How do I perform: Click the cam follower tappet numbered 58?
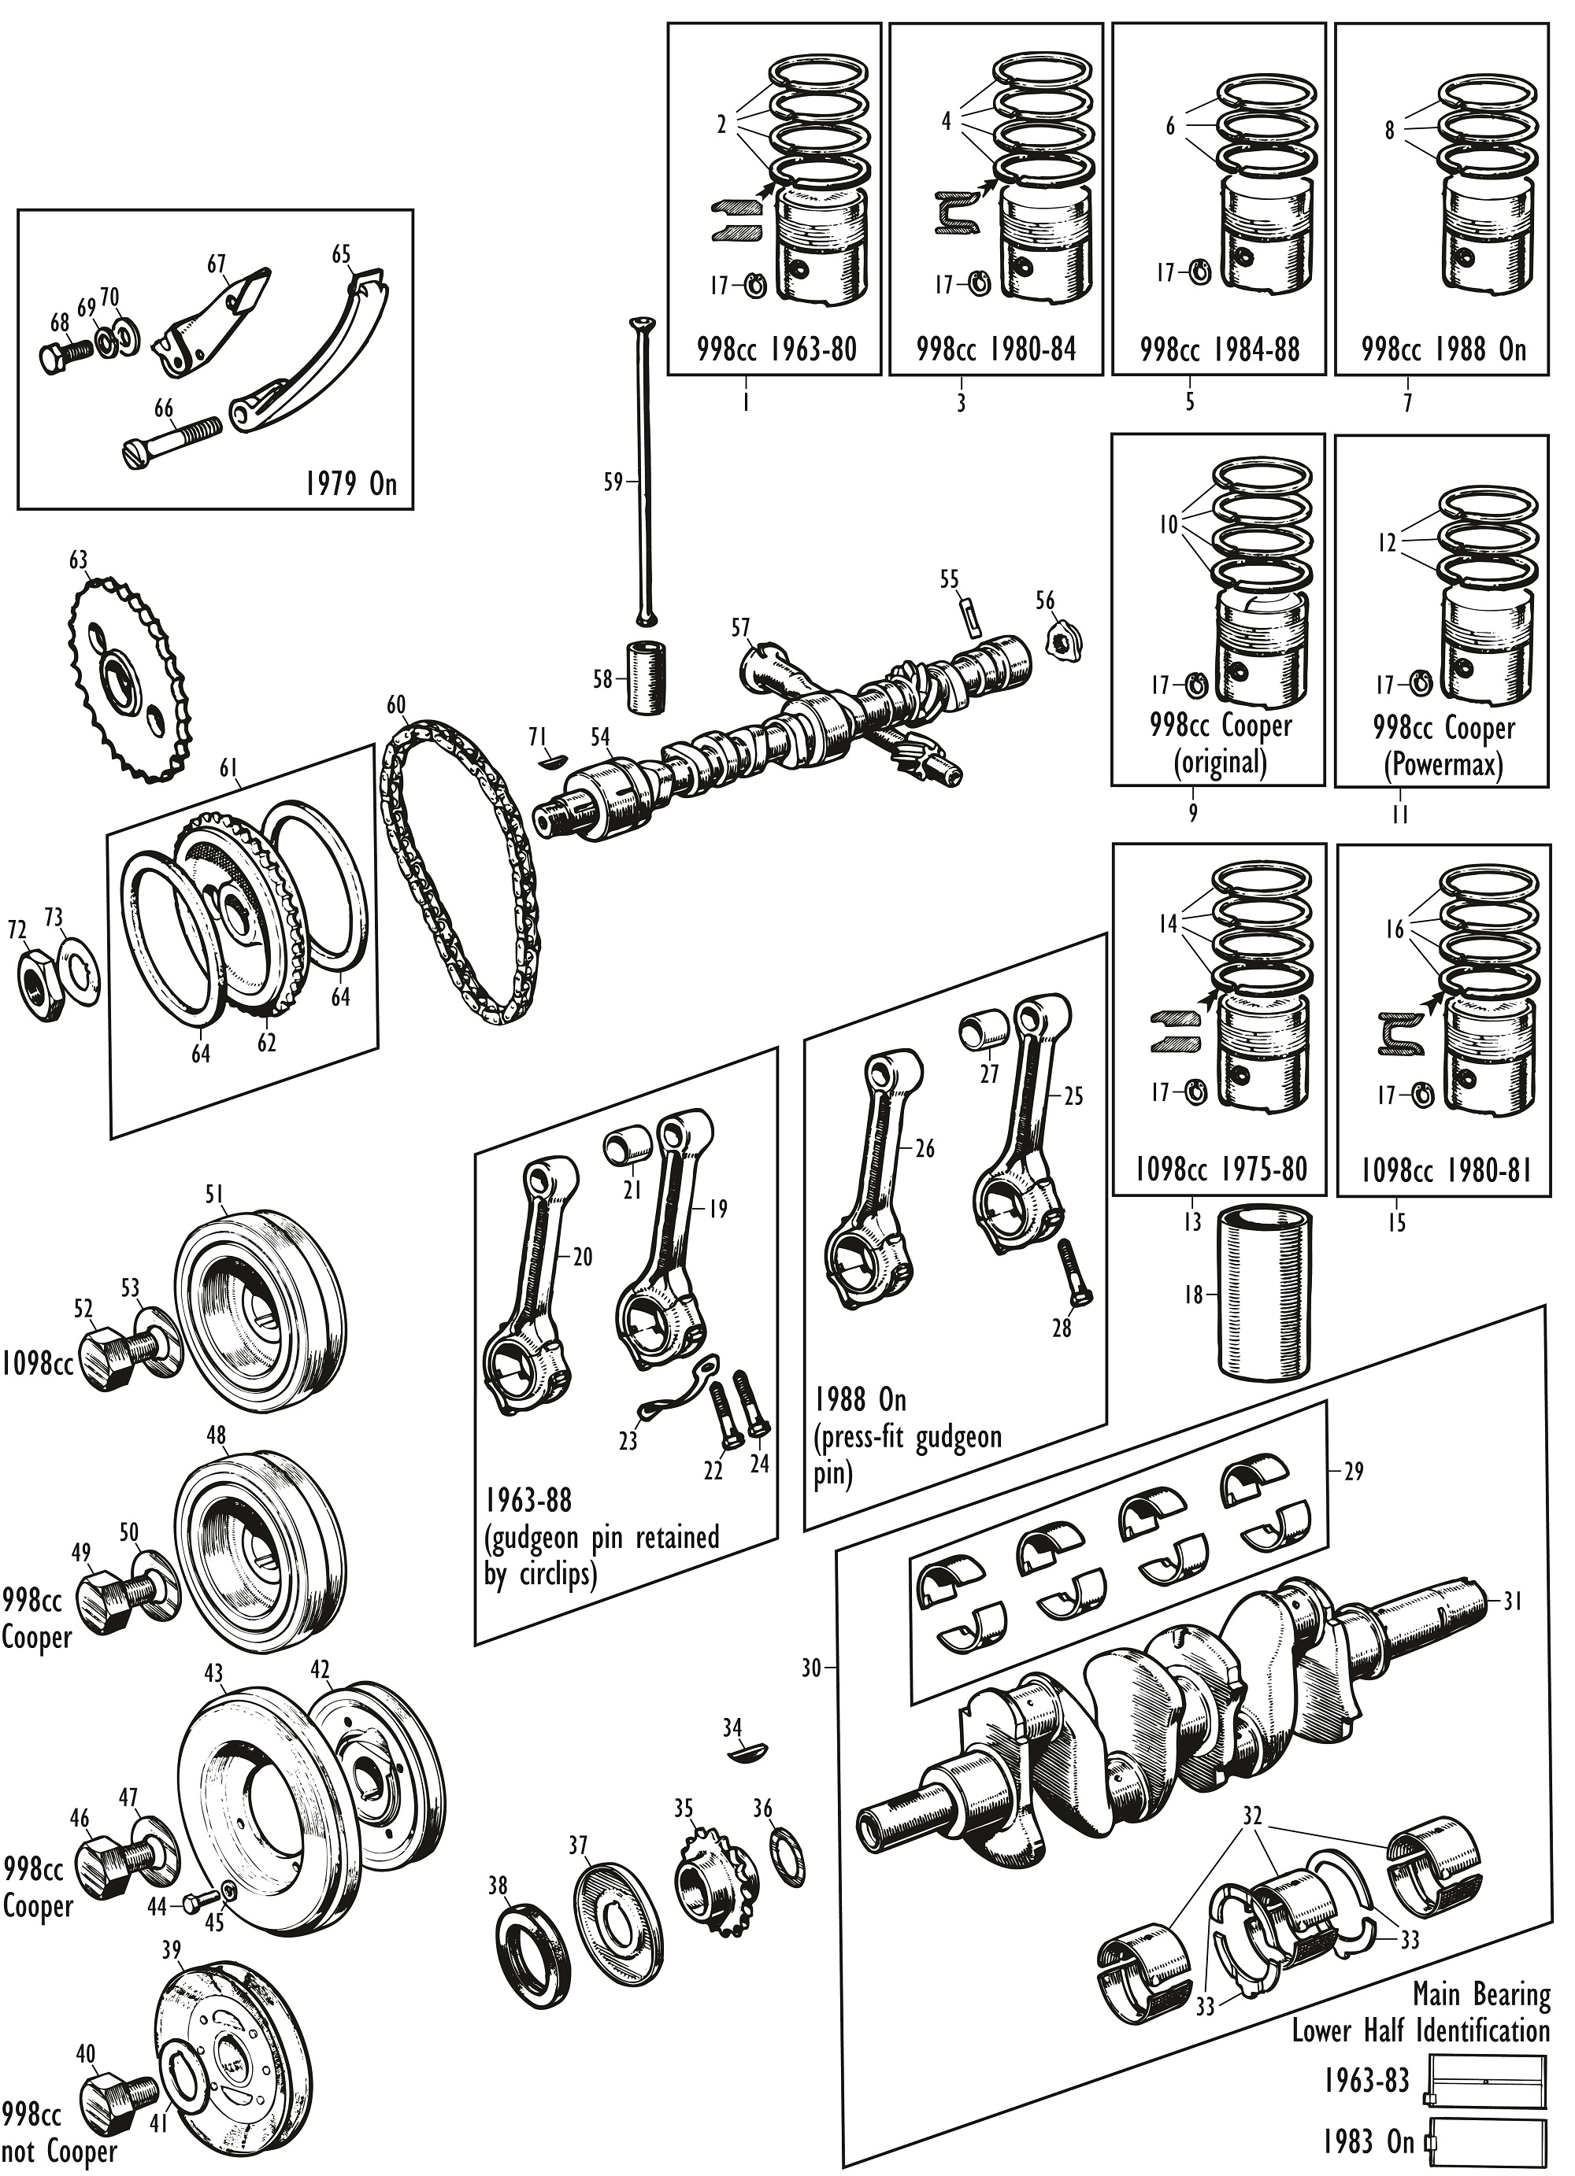[x=645, y=678]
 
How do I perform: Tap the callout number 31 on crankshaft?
[x=1513, y=1601]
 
